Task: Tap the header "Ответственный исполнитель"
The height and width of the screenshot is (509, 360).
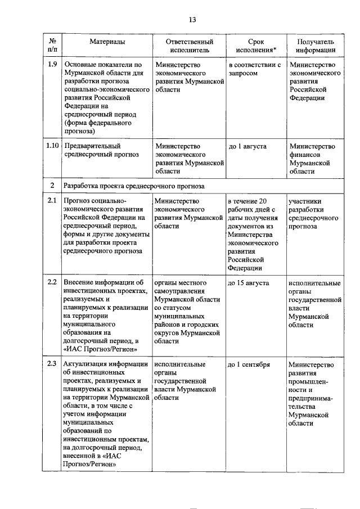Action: pos(189,46)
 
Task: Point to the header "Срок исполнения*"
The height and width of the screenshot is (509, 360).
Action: pos(256,46)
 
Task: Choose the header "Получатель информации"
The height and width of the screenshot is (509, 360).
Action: pos(315,46)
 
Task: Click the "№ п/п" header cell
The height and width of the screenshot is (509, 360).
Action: pos(52,46)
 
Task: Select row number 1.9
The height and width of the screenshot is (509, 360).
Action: pos(52,64)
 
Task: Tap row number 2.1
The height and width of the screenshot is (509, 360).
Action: pos(52,201)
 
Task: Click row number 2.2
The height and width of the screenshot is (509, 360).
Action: pos(52,282)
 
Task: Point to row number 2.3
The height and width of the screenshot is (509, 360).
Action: pos(52,364)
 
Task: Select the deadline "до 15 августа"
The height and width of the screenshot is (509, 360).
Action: pos(249,282)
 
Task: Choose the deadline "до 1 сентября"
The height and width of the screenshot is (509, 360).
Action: pos(249,364)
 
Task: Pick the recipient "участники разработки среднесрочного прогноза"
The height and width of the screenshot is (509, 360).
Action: pos(313,213)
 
